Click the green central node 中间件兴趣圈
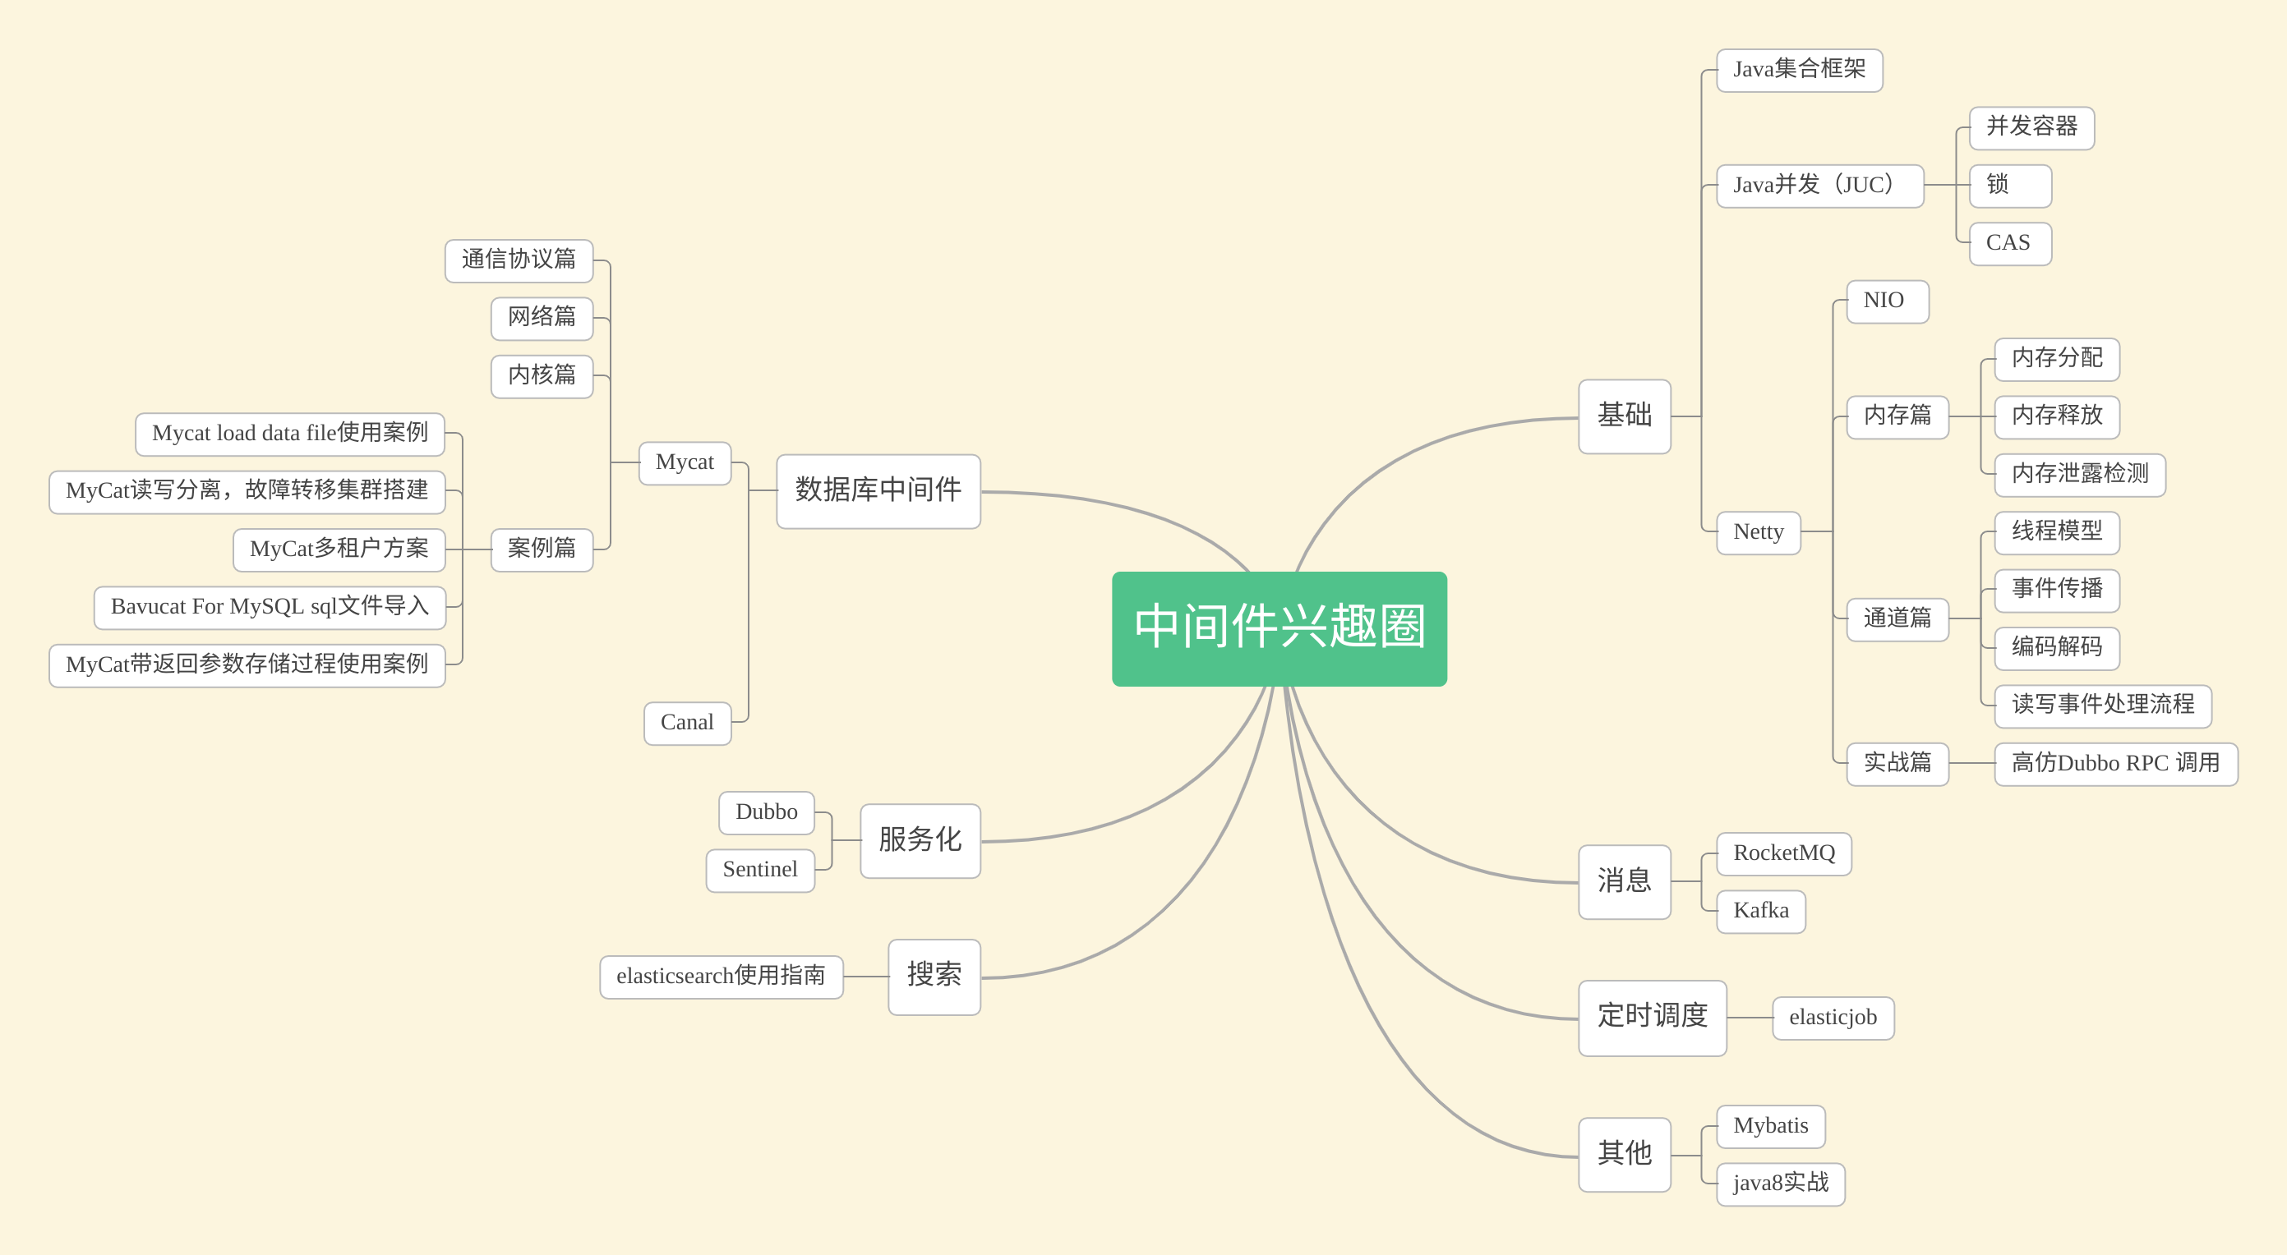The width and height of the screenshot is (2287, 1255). click(1280, 628)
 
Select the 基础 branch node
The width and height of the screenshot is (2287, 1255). click(1624, 416)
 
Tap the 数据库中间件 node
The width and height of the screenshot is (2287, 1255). click(878, 491)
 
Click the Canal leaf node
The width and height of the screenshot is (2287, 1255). click(687, 723)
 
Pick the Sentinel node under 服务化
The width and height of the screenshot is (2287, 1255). click(760, 870)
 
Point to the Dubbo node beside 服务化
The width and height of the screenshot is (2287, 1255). click(766, 812)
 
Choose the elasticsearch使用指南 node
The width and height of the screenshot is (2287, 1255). click(721, 977)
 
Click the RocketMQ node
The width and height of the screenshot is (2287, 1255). click(1783, 853)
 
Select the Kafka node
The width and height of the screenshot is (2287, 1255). click(1760, 911)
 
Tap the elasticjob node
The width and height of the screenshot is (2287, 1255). click(1833, 1017)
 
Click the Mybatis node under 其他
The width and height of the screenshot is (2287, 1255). click(1770, 1125)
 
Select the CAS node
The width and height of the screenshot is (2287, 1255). click(2008, 243)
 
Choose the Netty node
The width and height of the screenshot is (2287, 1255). click(1758, 532)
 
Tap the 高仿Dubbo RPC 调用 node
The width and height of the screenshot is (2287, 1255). click(2114, 763)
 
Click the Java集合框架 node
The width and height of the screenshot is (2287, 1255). click(1799, 70)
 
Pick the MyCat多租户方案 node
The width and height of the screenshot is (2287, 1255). click(339, 549)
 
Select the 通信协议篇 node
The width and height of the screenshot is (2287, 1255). click(519, 260)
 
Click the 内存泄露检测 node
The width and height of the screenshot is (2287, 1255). click(2079, 474)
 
